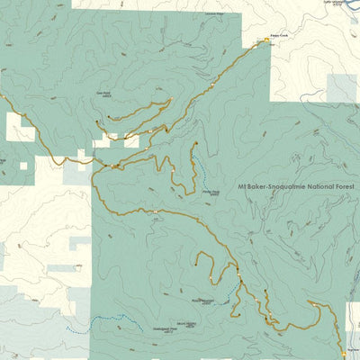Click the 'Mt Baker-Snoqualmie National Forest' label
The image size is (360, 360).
click(x=294, y=188)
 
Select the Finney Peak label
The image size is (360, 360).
click(x=210, y=192)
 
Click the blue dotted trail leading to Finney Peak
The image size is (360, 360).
click(x=200, y=166)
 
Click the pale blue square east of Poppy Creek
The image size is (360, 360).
click(x=341, y=87)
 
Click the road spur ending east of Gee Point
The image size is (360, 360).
click(x=170, y=98)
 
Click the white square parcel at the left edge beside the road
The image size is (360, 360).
click(x=20, y=128)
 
